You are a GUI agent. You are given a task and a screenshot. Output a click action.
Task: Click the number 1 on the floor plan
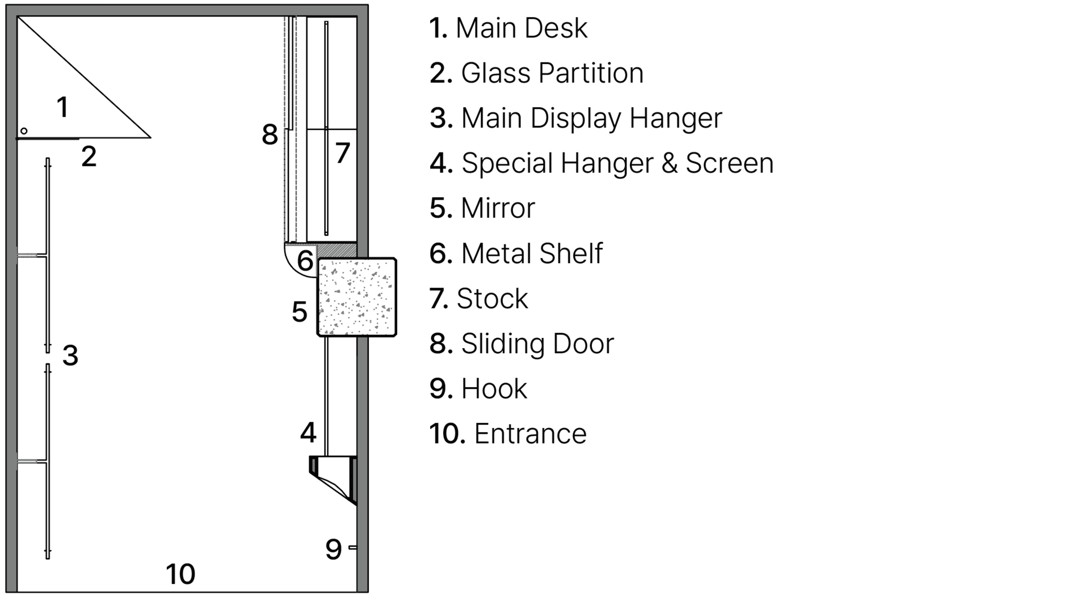[62, 107]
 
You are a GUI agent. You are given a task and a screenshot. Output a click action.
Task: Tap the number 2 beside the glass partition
[89, 156]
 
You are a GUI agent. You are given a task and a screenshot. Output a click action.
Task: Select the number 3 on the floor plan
[70, 355]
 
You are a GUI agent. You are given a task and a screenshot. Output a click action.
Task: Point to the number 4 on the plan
[308, 433]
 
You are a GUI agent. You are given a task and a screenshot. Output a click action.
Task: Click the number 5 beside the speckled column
[299, 312]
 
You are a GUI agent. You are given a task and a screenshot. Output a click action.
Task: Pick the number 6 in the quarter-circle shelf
[305, 261]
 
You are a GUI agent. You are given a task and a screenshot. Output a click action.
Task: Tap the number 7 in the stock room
[342, 153]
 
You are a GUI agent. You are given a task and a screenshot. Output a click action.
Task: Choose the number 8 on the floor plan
[270, 135]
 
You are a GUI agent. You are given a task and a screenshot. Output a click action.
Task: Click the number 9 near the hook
[333, 549]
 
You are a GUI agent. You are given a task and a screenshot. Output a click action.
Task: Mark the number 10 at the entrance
[180, 574]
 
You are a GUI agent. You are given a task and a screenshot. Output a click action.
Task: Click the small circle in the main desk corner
[24, 131]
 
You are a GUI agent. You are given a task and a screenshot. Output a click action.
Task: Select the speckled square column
[356, 297]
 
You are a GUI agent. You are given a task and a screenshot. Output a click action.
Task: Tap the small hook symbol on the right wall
[352, 547]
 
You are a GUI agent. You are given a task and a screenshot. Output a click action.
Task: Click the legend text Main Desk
[521, 28]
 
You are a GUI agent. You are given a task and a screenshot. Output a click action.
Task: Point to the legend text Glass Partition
[552, 73]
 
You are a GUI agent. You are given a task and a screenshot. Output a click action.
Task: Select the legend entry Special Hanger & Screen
[617, 163]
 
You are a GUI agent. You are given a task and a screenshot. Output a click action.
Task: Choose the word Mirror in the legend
[497, 208]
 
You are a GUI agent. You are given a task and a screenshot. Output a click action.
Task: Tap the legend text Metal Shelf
[531, 253]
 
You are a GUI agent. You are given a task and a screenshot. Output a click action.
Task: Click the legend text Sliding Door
[537, 344]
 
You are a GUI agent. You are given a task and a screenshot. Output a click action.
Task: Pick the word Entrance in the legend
[530, 434]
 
